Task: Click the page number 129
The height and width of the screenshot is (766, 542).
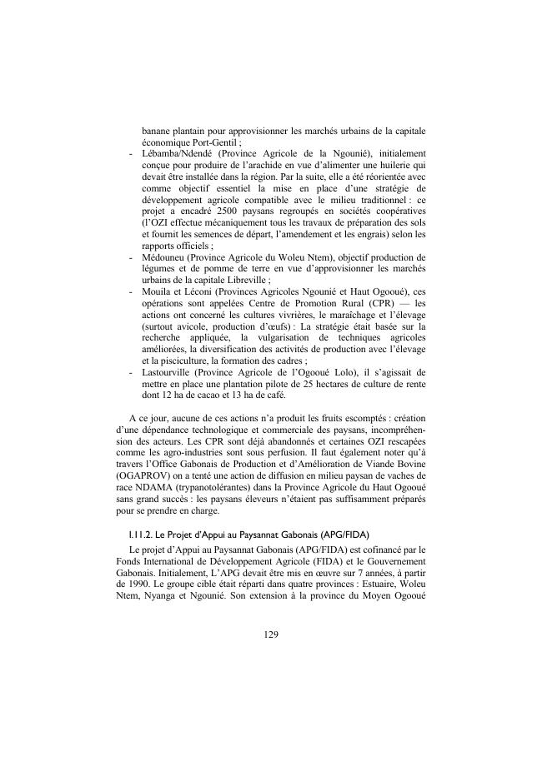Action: pos(270,634)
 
